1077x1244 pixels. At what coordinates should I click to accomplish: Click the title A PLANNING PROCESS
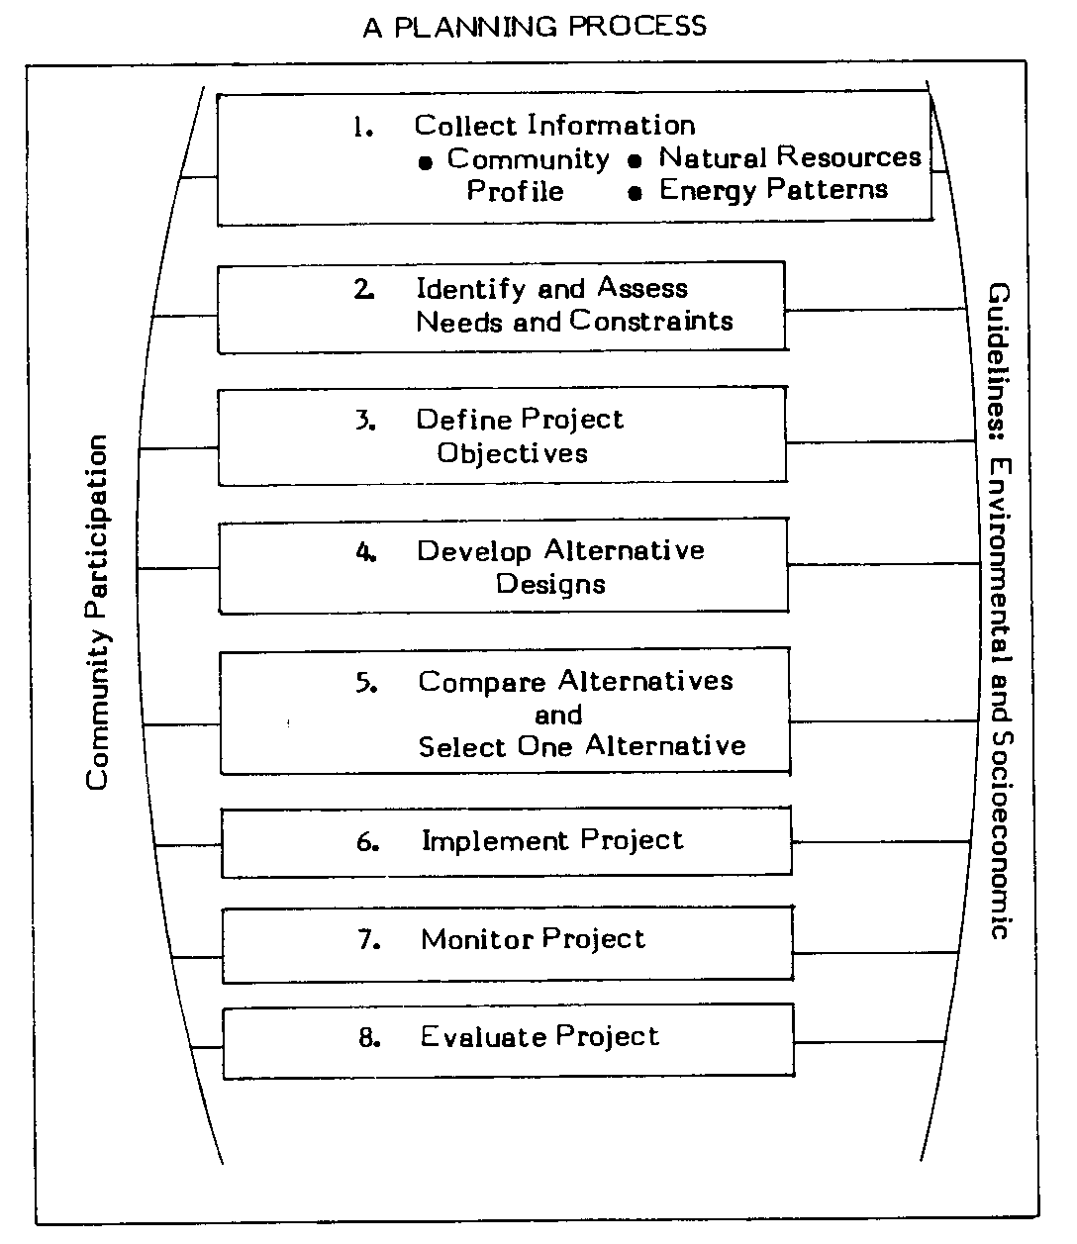pyautogui.click(x=535, y=27)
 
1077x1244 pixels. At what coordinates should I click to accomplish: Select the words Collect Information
pyautogui.click(x=554, y=126)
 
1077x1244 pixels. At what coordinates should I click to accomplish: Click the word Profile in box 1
pyautogui.click(x=515, y=191)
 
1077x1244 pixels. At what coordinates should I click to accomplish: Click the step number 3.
pyautogui.click(x=364, y=420)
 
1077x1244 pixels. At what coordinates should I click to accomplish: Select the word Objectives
pyautogui.click(x=513, y=453)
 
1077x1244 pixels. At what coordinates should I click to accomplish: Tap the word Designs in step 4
pyautogui.click(x=550, y=584)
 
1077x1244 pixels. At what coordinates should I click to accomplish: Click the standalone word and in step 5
pyautogui.click(x=558, y=715)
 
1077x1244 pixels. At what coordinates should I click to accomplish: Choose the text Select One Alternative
pyautogui.click(x=582, y=746)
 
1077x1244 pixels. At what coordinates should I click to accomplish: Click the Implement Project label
pyautogui.click(x=552, y=841)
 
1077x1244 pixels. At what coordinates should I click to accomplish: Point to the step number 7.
pyautogui.click(x=368, y=940)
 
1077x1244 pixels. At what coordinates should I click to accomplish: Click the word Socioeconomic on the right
pyautogui.click(x=999, y=836)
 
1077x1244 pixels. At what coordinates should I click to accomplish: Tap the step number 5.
pyautogui.click(x=366, y=683)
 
